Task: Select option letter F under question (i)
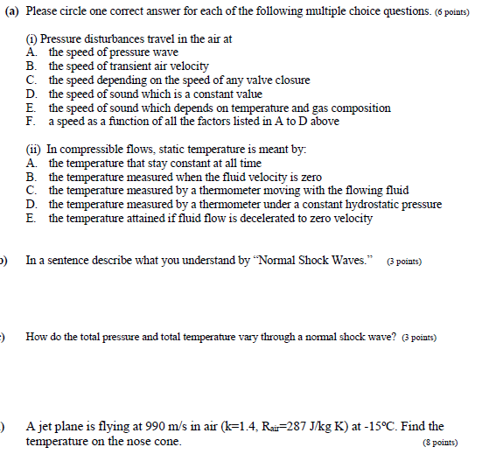click(x=31, y=121)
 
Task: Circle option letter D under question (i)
click(x=31, y=94)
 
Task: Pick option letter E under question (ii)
click(x=31, y=218)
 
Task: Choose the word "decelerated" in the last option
click(x=273, y=218)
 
